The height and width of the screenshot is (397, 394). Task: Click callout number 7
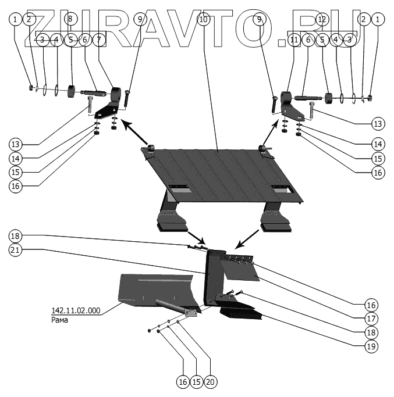point(98,40)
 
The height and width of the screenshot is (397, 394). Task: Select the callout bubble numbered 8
point(70,19)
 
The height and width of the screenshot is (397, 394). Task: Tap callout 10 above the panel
point(203,19)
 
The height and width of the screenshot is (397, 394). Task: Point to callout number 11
point(294,40)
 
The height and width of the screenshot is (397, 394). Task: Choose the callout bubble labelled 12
point(322,19)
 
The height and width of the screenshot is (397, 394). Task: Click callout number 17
point(372,319)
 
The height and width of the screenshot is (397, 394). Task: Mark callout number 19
point(372,346)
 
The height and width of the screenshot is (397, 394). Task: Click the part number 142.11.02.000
point(75,311)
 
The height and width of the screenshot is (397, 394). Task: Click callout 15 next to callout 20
point(197,381)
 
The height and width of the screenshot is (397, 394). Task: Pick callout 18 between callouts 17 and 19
point(372,332)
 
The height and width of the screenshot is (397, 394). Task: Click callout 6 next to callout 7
point(84,40)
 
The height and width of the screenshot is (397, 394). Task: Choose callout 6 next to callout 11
point(308,40)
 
